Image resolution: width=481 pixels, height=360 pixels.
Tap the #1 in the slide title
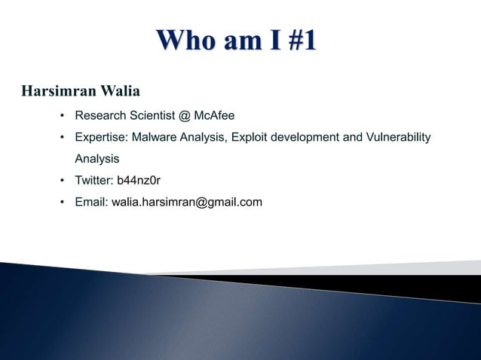click(x=295, y=41)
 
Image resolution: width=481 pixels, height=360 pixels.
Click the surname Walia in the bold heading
click(x=119, y=92)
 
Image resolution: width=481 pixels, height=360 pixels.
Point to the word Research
click(x=100, y=116)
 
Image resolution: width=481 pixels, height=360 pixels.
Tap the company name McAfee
click(x=214, y=116)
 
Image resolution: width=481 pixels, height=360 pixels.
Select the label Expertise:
click(x=101, y=137)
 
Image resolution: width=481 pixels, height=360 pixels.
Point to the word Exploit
click(x=252, y=137)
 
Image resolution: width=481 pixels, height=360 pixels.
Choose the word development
click(x=310, y=137)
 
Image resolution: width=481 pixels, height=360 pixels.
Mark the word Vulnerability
click(x=398, y=137)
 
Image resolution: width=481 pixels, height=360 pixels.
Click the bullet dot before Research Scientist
click(x=63, y=116)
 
